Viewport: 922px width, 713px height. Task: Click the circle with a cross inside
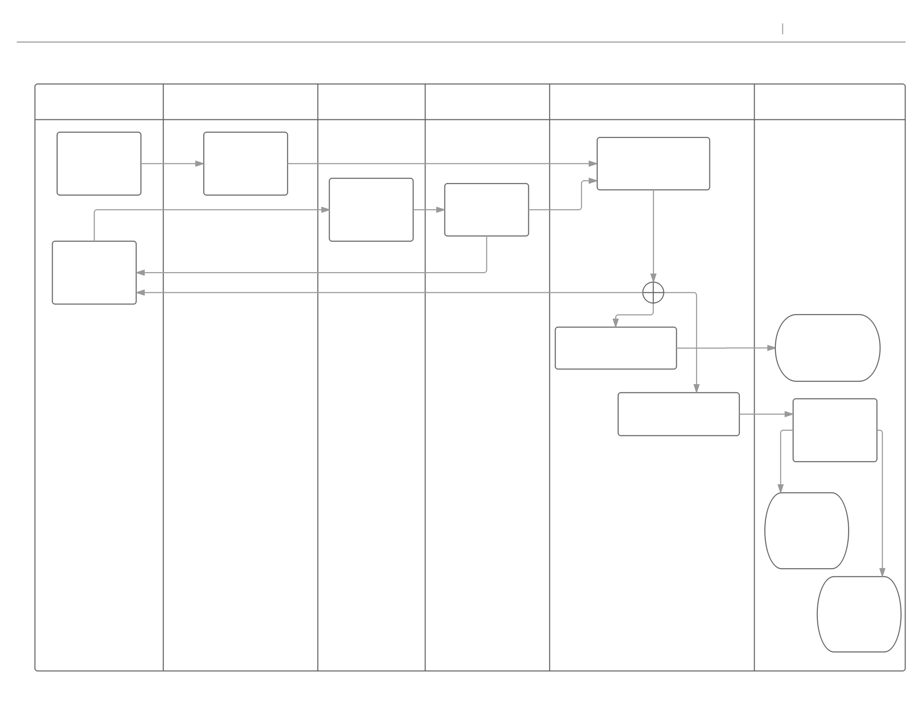pos(653,293)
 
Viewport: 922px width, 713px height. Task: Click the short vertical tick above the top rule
pos(783,29)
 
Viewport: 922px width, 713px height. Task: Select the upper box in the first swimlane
pos(99,164)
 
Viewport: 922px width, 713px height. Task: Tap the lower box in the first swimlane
pos(95,273)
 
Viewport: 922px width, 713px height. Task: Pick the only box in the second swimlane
pos(246,164)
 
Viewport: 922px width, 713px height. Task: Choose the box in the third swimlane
pos(371,210)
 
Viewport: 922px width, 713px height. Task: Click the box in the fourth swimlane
pos(486,210)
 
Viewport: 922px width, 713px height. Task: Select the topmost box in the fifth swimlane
pos(653,164)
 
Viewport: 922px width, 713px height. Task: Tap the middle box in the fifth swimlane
pos(616,348)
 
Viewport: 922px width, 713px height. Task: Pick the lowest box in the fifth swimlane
pos(679,414)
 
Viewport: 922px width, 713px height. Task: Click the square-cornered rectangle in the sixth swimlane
pos(835,430)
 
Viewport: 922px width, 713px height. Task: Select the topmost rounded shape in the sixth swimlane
pos(827,348)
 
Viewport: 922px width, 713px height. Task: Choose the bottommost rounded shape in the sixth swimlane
pos(859,614)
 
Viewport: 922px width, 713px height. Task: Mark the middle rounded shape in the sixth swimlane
pos(807,531)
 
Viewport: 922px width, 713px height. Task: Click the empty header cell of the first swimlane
pos(99,102)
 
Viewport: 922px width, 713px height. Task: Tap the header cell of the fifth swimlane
pos(652,102)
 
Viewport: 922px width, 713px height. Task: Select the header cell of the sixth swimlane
pos(830,102)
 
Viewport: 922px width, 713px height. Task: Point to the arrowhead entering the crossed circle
pos(653,278)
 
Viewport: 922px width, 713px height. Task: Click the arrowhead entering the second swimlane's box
pos(199,164)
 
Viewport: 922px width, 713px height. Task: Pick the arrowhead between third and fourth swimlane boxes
pos(440,210)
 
